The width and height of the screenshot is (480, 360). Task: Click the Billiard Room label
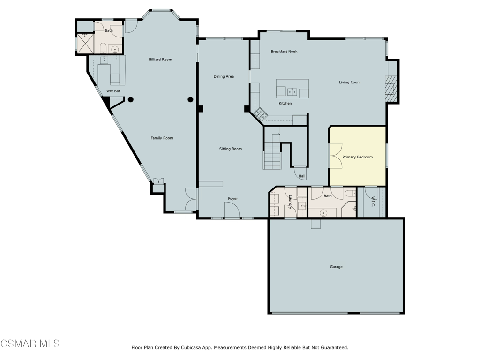pos(160,60)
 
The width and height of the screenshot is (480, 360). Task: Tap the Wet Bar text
pos(113,91)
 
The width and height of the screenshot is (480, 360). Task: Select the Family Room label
pos(162,138)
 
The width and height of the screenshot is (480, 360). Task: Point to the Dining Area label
pos(224,76)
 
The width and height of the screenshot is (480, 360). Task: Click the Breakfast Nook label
pos(284,52)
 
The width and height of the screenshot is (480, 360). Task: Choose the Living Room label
pos(350,82)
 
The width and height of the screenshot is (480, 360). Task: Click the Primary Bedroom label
pos(357,157)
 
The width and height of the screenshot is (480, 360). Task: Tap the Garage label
pos(336,267)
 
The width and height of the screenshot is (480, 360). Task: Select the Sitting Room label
pos(231,149)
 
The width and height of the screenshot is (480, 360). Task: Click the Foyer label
pos(233,199)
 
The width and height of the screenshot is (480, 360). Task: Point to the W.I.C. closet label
pos(373,202)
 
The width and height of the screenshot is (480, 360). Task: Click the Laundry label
pos(291,202)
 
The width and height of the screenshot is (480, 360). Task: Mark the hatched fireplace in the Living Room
pos(391,88)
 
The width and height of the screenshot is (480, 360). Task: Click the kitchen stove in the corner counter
pos(261,113)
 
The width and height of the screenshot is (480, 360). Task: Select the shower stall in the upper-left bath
pos(85,42)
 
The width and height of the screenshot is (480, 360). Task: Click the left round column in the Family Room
pos(131,99)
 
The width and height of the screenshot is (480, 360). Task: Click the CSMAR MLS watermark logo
pos(30,344)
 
